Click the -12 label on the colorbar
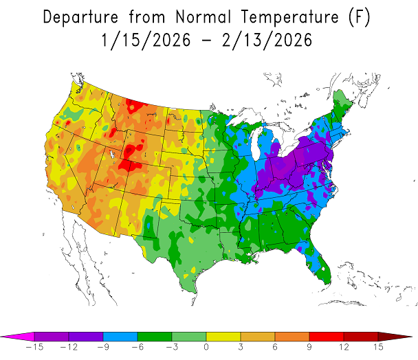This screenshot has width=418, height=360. pyautogui.click(x=66, y=348)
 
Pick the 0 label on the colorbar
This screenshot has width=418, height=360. pyautogui.click(x=207, y=348)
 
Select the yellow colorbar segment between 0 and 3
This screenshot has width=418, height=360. pyautogui.click(x=224, y=336)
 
